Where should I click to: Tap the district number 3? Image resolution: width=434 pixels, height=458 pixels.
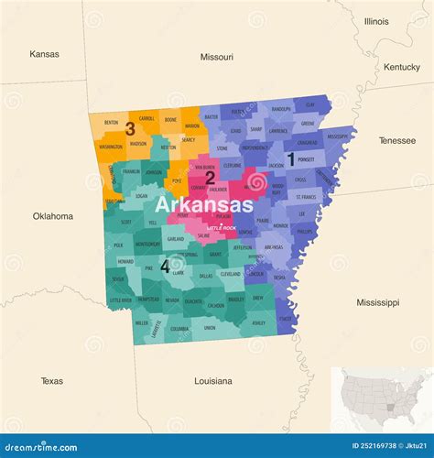(130, 129)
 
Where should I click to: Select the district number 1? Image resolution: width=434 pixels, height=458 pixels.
(290, 158)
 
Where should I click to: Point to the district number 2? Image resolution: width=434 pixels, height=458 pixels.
(210, 177)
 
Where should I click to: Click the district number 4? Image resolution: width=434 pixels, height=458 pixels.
(165, 267)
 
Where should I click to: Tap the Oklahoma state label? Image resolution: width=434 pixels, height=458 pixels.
(52, 216)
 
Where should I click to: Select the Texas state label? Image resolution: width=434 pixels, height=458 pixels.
(52, 380)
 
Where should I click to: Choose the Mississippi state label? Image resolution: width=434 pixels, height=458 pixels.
(378, 301)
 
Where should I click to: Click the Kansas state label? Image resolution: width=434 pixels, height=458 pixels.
(44, 54)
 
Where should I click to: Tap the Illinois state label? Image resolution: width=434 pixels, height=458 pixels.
(376, 21)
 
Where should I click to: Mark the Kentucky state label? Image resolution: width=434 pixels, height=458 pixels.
(401, 67)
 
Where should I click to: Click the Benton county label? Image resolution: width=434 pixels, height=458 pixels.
(111, 122)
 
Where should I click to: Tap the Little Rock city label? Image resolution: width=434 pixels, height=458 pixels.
(222, 225)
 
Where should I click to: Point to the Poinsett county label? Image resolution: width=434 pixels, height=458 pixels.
(307, 158)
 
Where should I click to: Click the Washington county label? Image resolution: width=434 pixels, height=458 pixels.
(111, 146)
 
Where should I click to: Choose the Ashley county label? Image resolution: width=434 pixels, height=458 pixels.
(258, 322)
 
